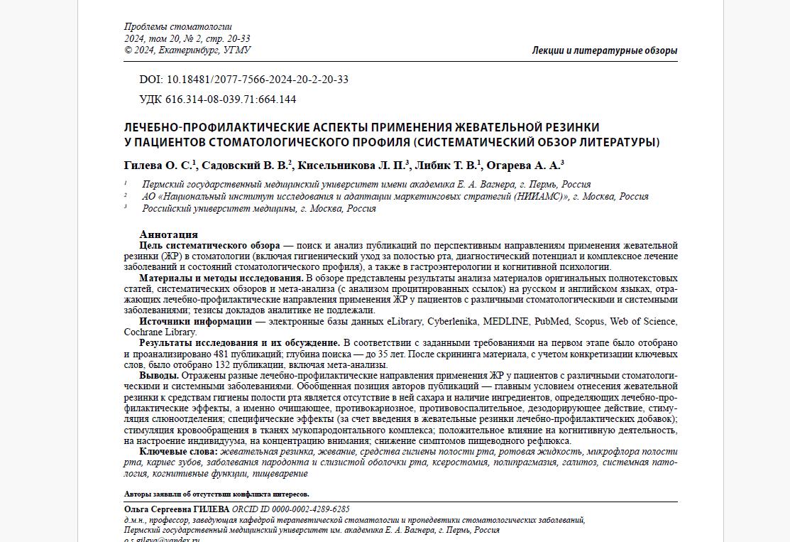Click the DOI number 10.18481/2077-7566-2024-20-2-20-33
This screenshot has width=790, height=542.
click(x=257, y=80)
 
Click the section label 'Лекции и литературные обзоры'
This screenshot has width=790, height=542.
click(x=604, y=50)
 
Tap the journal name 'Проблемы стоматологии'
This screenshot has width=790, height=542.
click(x=177, y=27)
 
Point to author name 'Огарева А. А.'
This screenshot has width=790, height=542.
click(x=523, y=166)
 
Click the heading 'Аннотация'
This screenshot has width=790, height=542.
click(x=169, y=234)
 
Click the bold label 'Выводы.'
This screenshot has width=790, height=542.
click(x=159, y=376)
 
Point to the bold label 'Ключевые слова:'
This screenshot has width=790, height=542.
click(x=178, y=452)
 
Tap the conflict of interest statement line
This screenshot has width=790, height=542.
click(x=216, y=494)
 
